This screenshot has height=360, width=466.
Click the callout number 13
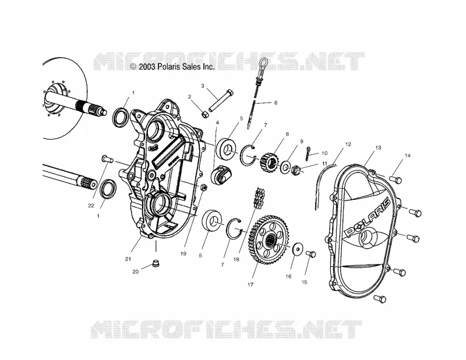378,148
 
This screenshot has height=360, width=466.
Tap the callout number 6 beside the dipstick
276,103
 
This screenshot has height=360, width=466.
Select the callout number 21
128,259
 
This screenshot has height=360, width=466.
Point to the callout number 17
250,285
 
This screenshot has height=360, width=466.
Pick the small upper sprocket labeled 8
268,160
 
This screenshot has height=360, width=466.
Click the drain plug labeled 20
156,263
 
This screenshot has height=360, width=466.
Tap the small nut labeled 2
205,114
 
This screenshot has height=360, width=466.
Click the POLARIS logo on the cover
366,218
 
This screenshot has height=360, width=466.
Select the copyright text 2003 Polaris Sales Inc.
172,67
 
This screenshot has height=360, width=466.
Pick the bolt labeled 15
310,254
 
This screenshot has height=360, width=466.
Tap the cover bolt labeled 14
396,179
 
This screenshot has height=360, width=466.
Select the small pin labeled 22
107,159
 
